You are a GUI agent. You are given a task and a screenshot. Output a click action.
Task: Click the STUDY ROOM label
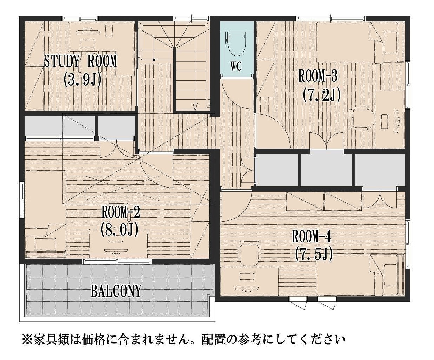click(x=81, y=61)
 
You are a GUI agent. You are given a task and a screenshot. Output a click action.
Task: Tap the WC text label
click(x=236, y=67)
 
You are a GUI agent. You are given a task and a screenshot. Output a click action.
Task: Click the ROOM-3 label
click(x=318, y=76)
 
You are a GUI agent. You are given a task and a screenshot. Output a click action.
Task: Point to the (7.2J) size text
click(x=322, y=95)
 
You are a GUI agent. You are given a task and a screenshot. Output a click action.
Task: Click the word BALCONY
click(x=116, y=291)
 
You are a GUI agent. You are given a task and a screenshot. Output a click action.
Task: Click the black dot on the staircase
click(x=154, y=60)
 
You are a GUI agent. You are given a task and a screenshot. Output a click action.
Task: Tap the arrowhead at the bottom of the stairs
click(x=195, y=108)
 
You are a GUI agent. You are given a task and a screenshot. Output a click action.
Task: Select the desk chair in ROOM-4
click(x=249, y=253)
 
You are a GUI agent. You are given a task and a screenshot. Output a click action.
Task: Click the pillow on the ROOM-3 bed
click(x=390, y=42)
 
